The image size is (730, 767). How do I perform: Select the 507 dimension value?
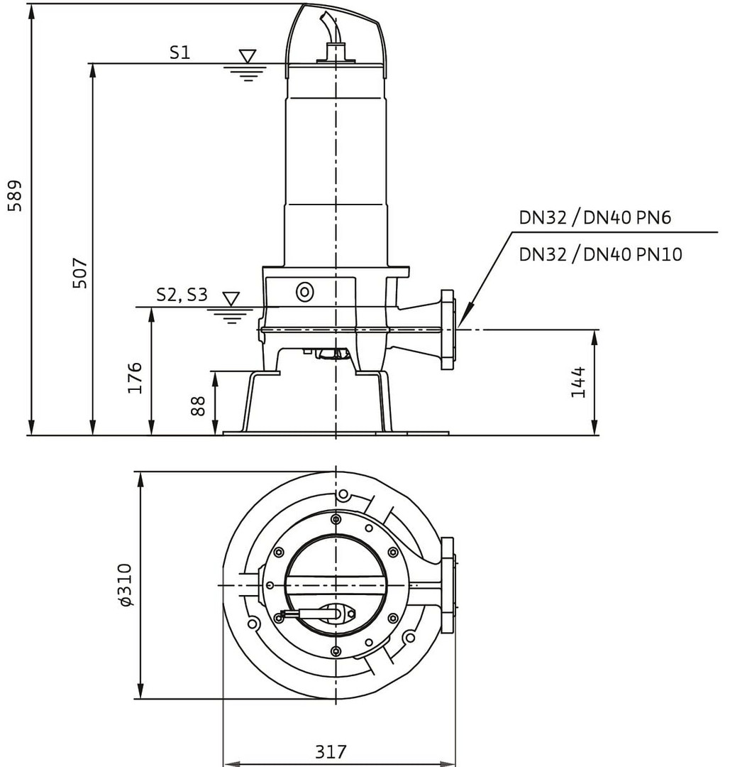(80, 272)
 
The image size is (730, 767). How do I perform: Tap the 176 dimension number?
(136, 377)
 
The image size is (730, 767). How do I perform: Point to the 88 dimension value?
(199, 406)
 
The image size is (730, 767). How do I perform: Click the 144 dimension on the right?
(579, 382)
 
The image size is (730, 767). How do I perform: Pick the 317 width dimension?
(331, 751)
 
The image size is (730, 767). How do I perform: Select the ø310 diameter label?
(126, 584)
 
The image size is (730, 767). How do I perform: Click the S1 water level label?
(179, 52)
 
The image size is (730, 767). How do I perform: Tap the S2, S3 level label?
(182, 295)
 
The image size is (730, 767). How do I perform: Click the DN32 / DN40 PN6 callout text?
(594, 218)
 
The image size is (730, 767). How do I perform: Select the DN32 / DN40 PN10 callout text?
(600, 254)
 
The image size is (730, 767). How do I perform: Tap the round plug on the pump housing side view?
(305, 290)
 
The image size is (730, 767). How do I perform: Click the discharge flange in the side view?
(447, 330)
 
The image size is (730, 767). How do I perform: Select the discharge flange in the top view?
(448, 584)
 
